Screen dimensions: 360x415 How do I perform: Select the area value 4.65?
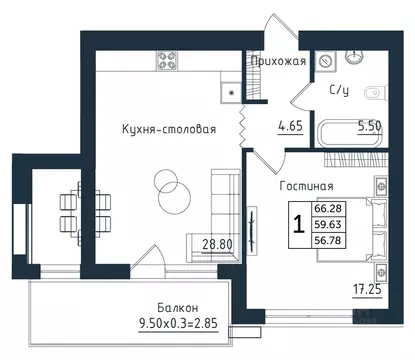click(x=289, y=126)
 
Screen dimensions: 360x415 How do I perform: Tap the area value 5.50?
click(x=371, y=127)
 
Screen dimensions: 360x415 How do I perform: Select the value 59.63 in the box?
click(x=326, y=224)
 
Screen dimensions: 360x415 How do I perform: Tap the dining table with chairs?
click(x=68, y=209)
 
